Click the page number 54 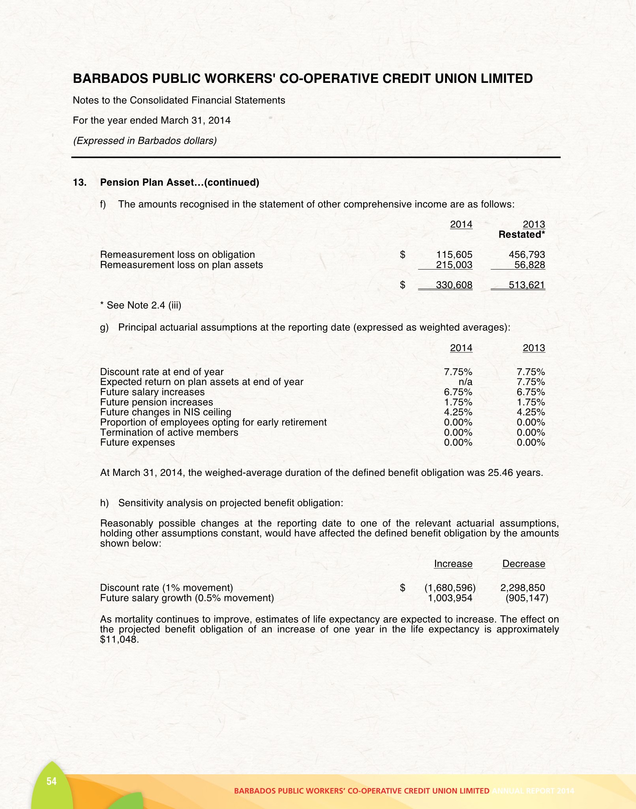[51, 781]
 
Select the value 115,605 [454, 255]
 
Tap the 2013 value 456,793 [527, 255]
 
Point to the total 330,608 [454, 285]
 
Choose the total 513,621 [527, 285]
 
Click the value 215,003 [454, 265]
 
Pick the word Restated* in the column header [522, 235]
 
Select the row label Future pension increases [156, 402]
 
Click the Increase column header [453, 564]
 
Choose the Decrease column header [523, 564]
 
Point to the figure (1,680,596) [450, 588]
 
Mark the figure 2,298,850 [523, 588]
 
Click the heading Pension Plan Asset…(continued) [180, 182]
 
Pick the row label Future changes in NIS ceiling [165, 412]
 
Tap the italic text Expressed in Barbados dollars [145, 141]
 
